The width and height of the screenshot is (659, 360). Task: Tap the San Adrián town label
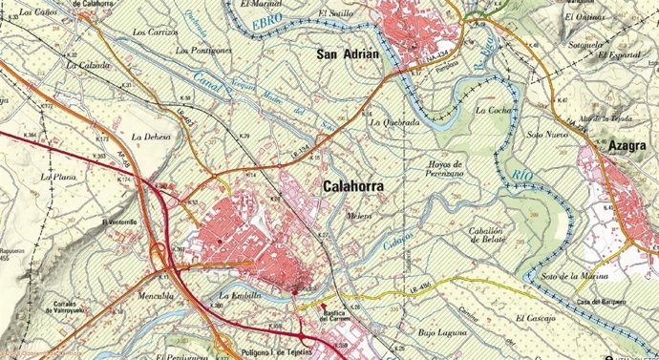pyautogui.click(x=348, y=54)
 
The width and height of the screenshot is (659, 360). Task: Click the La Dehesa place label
pyautogui.click(x=150, y=138)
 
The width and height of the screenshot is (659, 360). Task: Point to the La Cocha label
pyautogui.click(x=494, y=111)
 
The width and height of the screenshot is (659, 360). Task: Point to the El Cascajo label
pyautogui.click(x=532, y=318)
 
